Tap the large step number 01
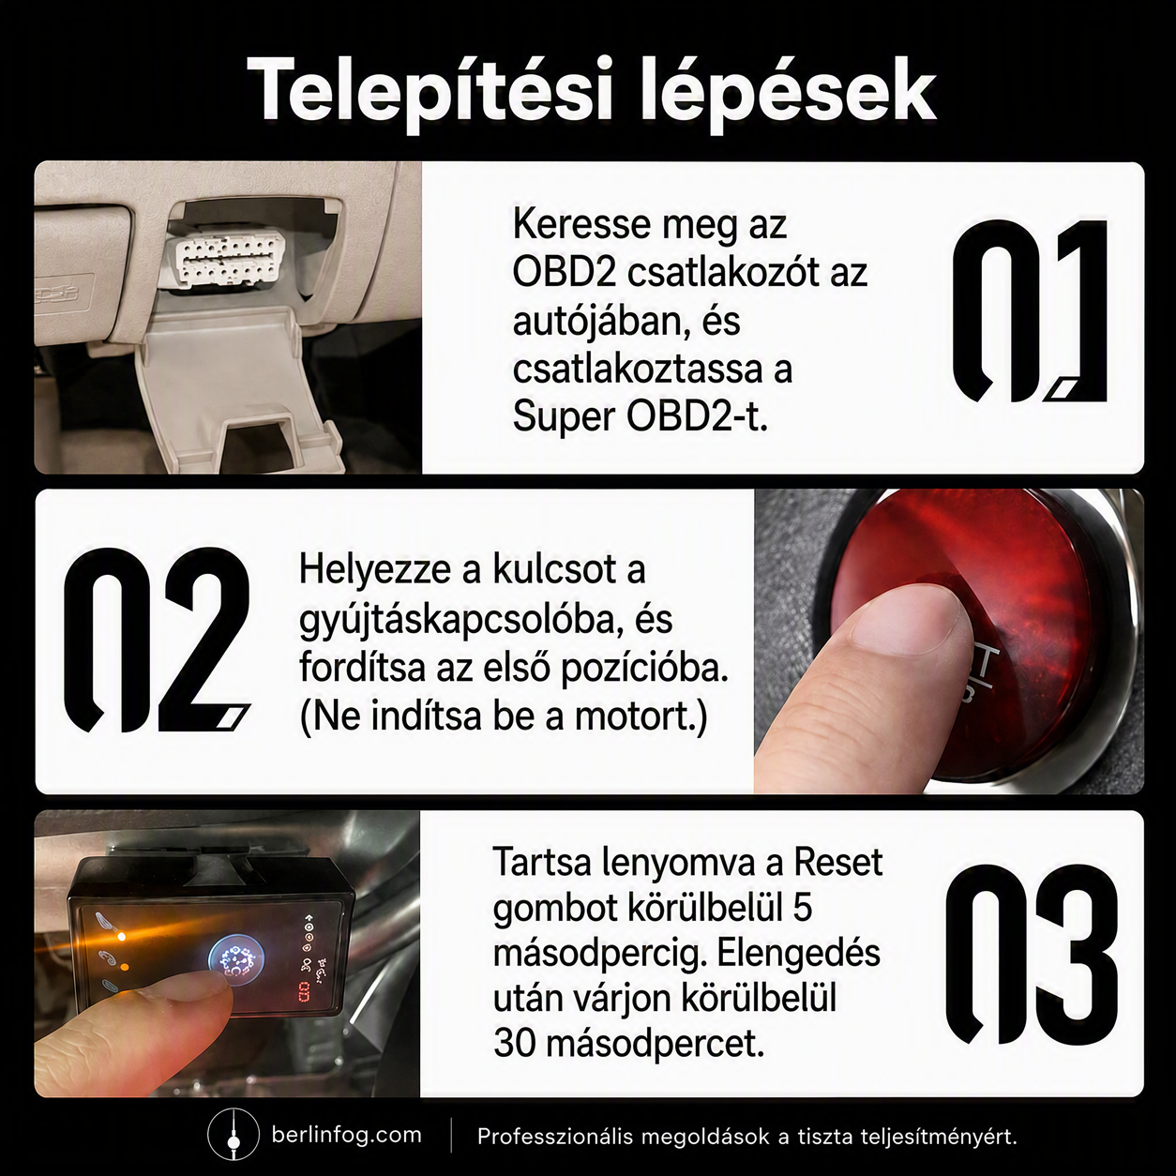[x=1030, y=310]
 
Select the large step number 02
[x=158, y=640]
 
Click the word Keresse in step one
[x=582, y=225]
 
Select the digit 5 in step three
[x=803, y=909]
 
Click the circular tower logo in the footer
[x=231, y=1134]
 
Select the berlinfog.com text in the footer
[x=347, y=1135]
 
